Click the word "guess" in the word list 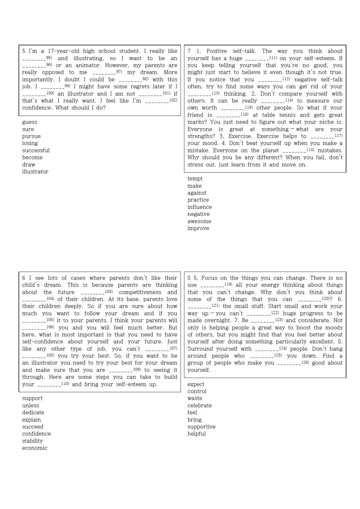tap(30, 122)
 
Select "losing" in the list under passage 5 tap(30, 143)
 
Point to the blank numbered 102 tap(157, 101)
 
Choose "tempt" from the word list tap(195, 179)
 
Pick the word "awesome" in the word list tap(199, 221)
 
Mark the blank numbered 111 tap(257, 59)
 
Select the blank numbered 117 tap(322, 137)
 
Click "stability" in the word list tap(32, 441)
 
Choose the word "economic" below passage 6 tap(35, 448)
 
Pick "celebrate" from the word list tap(199, 406)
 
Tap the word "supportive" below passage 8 tap(201, 427)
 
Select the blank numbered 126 tap(289, 363)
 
